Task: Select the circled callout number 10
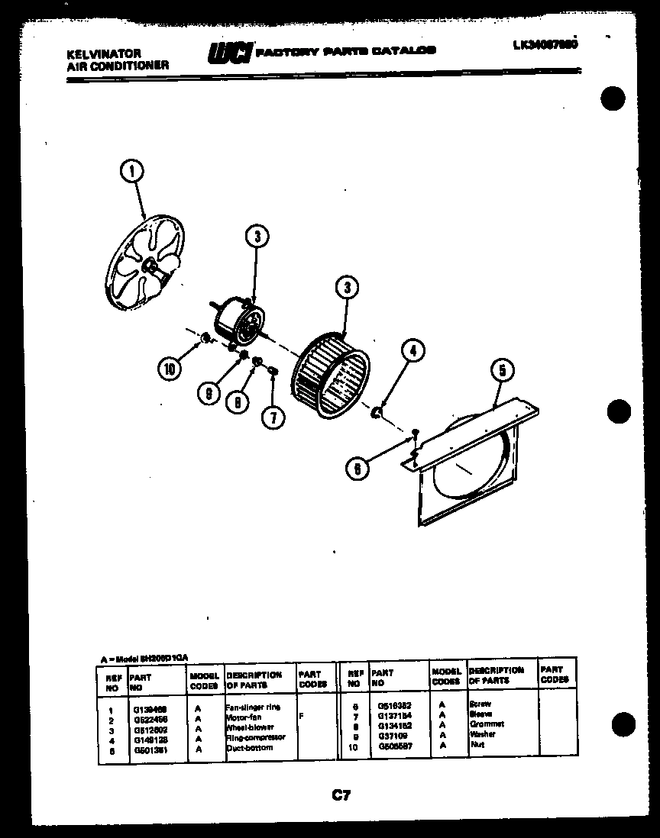pyautogui.click(x=169, y=369)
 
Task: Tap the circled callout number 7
pyautogui.click(x=272, y=417)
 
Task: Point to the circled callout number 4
pyautogui.click(x=411, y=350)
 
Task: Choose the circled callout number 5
pyautogui.click(x=502, y=372)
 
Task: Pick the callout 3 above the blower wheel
pyautogui.click(x=346, y=288)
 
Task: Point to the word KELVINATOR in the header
pyautogui.click(x=94, y=54)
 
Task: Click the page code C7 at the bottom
pyautogui.click(x=341, y=796)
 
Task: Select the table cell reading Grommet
pyautogui.click(x=486, y=724)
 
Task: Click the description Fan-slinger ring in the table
pyautogui.click(x=253, y=707)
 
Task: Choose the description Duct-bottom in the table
pyautogui.click(x=249, y=747)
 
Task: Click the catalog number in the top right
pyautogui.click(x=545, y=44)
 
